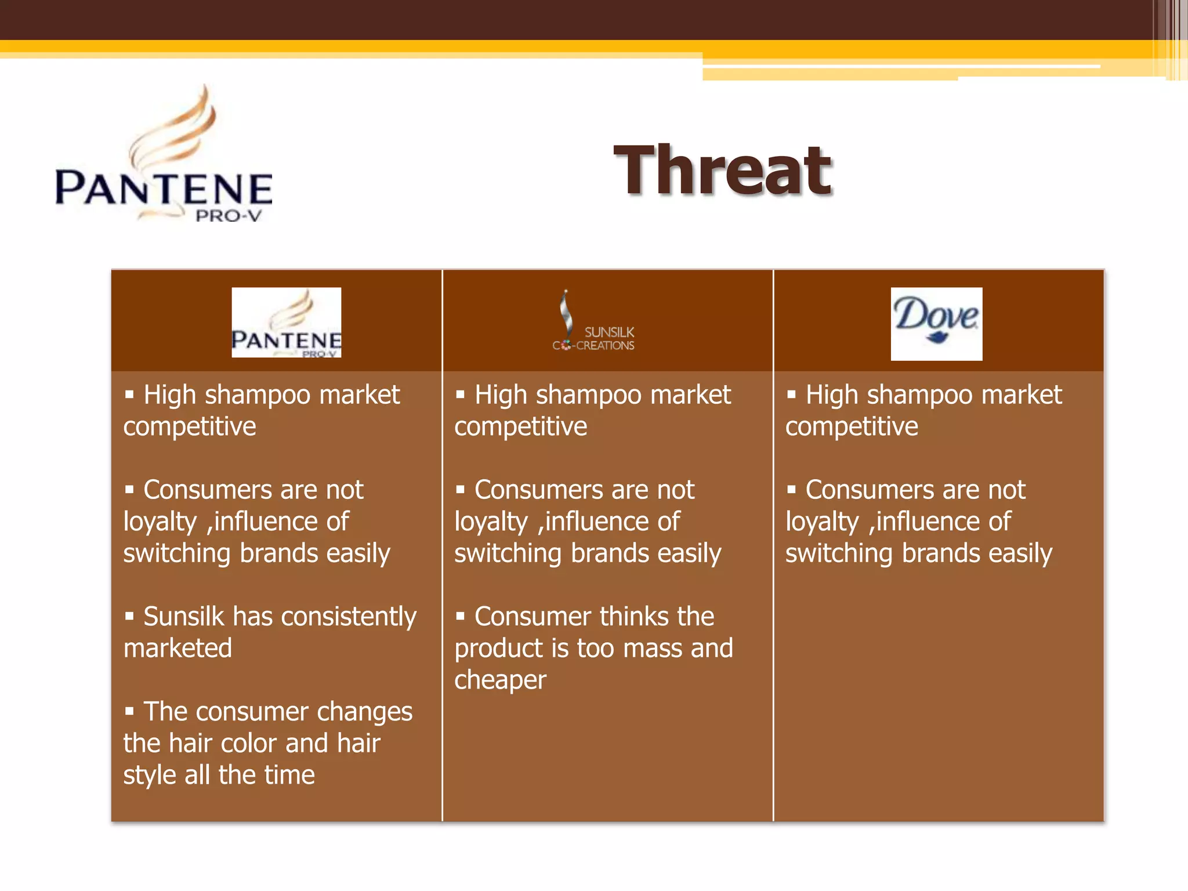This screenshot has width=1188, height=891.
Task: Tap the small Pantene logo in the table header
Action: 286,323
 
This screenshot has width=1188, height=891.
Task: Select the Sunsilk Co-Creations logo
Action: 593,323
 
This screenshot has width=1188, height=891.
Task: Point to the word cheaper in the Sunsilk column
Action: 500,680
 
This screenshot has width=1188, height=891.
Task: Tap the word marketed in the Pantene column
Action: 178,649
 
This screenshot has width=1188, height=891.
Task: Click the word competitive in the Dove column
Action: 852,427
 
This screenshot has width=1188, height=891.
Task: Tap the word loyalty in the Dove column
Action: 821,522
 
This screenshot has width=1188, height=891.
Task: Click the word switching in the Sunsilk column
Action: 508,553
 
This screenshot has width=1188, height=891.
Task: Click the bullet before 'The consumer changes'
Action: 129,711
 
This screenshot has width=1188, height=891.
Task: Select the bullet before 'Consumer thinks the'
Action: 461,615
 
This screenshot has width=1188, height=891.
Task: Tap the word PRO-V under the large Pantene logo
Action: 228,216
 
